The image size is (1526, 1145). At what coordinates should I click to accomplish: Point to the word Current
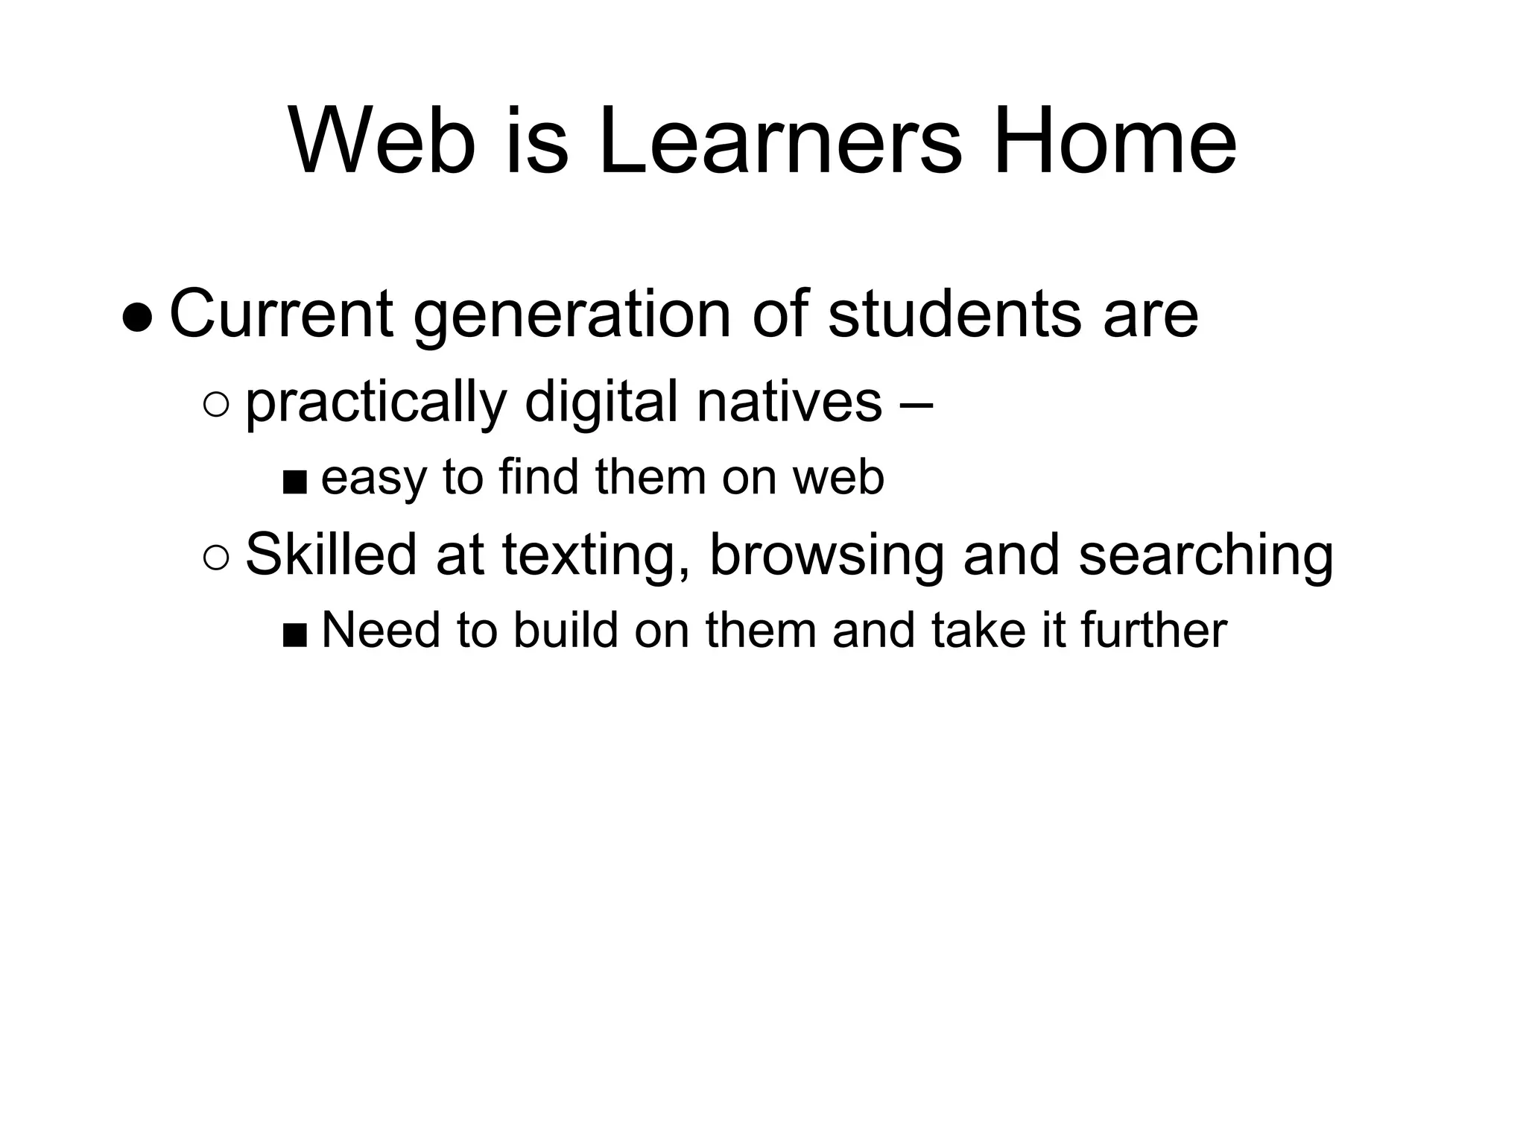point(281,314)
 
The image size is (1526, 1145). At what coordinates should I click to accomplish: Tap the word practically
point(376,403)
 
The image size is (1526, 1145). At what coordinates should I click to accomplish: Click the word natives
point(790,402)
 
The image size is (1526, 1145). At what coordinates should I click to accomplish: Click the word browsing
point(826,556)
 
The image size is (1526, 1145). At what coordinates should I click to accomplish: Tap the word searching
point(1206,556)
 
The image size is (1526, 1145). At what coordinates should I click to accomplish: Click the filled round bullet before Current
point(138,319)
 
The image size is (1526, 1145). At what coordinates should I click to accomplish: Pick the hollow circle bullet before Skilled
point(215,558)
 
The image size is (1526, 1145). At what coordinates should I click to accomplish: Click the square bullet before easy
point(294,482)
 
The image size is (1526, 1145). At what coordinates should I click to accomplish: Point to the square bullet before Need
point(294,635)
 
